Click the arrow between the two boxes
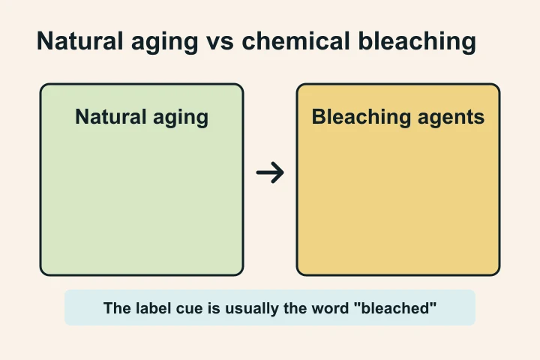tap(270, 173)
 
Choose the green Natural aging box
tap(142, 202)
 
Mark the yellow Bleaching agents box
tap(398, 202)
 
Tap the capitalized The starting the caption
tap(115, 308)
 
